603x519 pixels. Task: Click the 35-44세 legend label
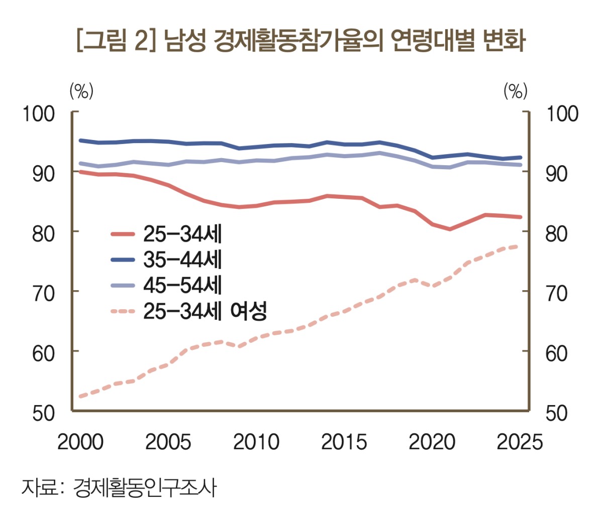tap(182, 259)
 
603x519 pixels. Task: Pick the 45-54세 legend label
tap(182, 285)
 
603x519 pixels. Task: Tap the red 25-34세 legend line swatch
tap(123, 234)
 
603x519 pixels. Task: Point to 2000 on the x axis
tap(80, 442)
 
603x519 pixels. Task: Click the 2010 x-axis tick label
tap(256, 442)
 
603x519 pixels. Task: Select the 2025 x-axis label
tap(520, 442)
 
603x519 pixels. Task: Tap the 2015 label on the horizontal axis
tap(344, 442)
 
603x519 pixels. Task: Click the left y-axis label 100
tap(38, 114)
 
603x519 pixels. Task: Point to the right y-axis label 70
tap(556, 293)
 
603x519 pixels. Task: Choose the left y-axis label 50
tap(43, 413)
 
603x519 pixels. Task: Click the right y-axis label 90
tap(556, 174)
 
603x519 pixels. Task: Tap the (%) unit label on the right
tap(516, 91)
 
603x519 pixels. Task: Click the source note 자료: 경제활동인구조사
tap(119, 487)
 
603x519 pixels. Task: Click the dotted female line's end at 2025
tap(519, 246)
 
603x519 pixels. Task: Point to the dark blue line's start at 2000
tap(81, 141)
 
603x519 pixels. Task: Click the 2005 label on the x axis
tap(168, 442)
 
